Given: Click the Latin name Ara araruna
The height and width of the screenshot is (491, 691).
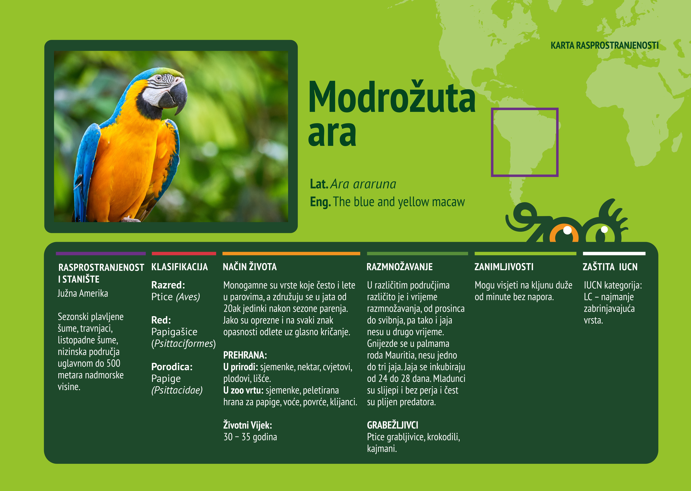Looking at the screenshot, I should pyautogui.click(x=363, y=184).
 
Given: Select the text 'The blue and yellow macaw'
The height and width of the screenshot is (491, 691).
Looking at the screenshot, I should pyautogui.click(x=399, y=202).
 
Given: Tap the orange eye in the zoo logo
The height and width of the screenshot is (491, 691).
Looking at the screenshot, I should pyautogui.click(x=564, y=234).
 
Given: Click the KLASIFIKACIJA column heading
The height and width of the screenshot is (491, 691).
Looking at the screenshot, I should pyautogui.click(x=179, y=267).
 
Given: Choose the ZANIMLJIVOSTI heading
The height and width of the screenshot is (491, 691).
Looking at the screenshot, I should pyautogui.click(x=504, y=267).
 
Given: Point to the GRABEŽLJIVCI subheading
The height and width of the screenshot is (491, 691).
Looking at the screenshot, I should pyautogui.click(x=392, y=425).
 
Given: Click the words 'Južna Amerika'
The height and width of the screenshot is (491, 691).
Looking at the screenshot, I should pyautogui.click(x=83, y=294).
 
